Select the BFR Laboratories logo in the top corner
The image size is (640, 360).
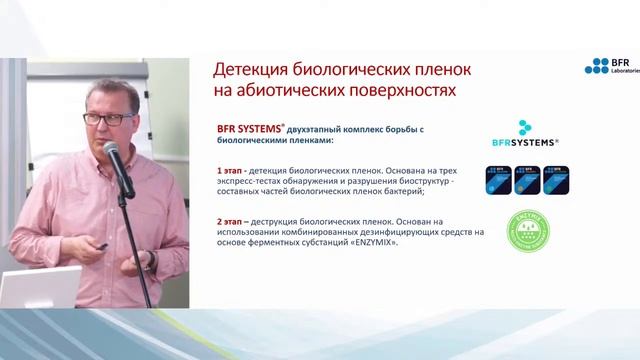(x=610, y=67)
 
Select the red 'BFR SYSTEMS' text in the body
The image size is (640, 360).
(x=248, y=129)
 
